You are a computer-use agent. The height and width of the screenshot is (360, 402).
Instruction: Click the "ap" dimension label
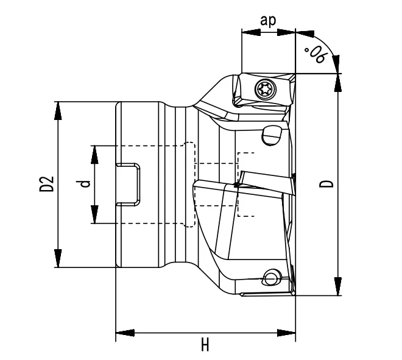tap(268, 19)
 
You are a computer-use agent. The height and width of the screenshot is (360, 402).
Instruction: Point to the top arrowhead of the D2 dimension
tap(58, 110)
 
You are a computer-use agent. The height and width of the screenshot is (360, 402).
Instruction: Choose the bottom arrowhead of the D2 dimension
tap(58, 258)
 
